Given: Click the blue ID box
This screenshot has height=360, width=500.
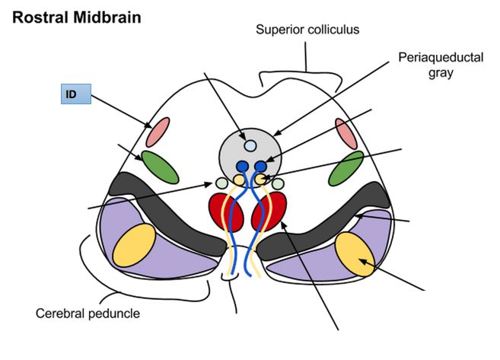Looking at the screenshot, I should [76, 95].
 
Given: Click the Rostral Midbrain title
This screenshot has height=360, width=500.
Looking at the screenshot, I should [76, 17].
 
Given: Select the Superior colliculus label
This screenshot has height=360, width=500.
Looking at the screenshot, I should [307, 30].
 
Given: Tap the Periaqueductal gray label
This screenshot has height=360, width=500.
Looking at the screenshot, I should [441, 65].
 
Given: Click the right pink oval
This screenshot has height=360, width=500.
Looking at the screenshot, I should [346, 134].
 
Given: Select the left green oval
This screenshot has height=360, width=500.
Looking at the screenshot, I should [159, 167].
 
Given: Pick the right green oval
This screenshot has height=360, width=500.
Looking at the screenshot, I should [346, 167].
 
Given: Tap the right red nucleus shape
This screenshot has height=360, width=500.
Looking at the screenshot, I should [274, 211].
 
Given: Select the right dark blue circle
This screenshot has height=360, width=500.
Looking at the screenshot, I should [261, 166].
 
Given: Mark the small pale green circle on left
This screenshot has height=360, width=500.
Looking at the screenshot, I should [221, 183].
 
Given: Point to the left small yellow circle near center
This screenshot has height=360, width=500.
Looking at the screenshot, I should [238, 180].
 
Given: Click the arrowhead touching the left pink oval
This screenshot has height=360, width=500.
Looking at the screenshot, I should [149, 126].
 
